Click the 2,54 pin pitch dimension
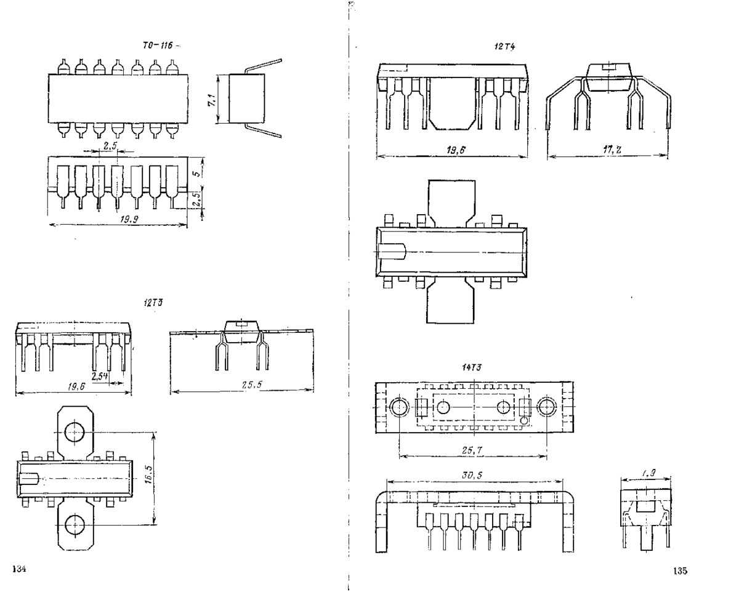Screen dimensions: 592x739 point(99,376)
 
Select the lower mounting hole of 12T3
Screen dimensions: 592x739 point(75,524)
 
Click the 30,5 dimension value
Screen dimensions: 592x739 point(472,475)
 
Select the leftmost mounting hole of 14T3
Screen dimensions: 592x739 point(400,407)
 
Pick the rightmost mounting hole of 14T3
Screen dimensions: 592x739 point(546,407)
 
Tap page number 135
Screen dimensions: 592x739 point(679,570)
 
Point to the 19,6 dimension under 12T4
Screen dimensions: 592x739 point(452,148)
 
